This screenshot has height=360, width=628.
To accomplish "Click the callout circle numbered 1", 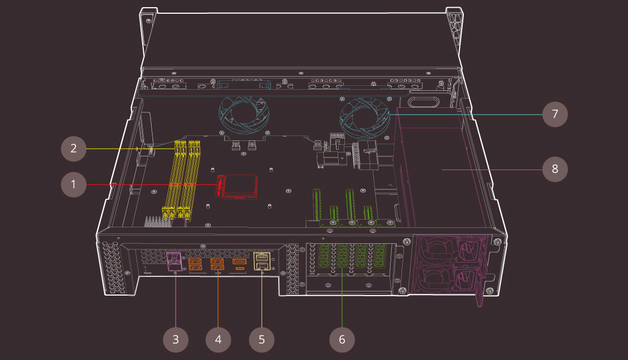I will (x=74, y=184).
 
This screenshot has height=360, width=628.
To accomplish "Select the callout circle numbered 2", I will (x=74, y=148).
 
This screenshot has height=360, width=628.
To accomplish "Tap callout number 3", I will (x=176, y=339).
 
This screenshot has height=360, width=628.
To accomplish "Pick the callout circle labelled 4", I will (x=218, y=339).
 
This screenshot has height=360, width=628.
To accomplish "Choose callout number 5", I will (x=261, y=339).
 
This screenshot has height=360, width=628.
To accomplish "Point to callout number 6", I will (x=342, y=339).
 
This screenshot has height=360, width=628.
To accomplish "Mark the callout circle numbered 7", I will (x=555, y=114).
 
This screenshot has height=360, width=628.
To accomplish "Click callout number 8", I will (x=555, y=169).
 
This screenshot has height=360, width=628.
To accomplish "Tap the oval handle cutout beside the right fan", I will (x=423, y=102).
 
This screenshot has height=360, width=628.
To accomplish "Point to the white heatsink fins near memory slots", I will (x=156, y=221).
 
